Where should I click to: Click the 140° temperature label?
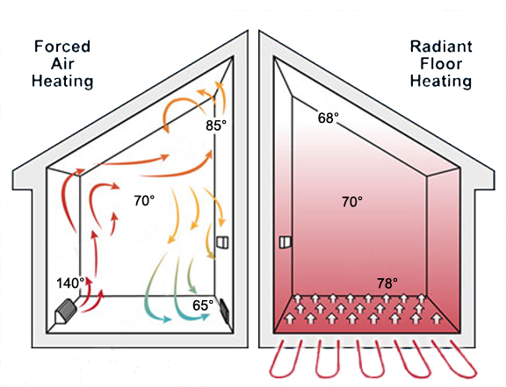[x=70, y=283]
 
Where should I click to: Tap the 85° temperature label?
[x=216, y=125]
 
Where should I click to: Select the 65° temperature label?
[x=203, y=305]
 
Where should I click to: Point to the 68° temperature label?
[x=329, y=118]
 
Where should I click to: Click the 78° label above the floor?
[x=387, y=283]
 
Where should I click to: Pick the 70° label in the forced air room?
[x=144, y=201]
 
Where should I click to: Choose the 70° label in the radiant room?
[x=352, y=202]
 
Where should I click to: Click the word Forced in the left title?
[x=62, y=47]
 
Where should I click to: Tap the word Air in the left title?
[x=62, y=63]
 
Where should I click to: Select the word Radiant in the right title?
[x=441, y=47]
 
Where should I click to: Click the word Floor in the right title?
[x=441, y=63]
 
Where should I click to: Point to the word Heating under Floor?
[x=441, y=81]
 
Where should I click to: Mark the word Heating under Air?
[x=62, y=81]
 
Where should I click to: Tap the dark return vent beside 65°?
[x=224, y=312]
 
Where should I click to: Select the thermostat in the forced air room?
[x=222, y=242]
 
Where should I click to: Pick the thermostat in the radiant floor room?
[x=286, y=242]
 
